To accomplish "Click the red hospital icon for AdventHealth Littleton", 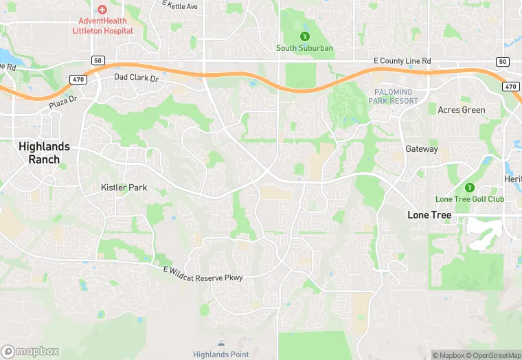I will pyautogui.click(x=102, y=10).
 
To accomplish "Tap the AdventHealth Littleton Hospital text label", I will pyautogui.click(x=102, y=26).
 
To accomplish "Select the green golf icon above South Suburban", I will pyautogui.click(x=305, y=36).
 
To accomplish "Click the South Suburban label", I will pyautogui.click(x=305, y=48).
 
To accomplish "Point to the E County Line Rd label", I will pyautogui.click(x=402, y=61).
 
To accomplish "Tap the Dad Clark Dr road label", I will pyautogui.click(x=136, y=78).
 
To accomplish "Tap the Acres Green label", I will pyautogui.click(x=462, y=110).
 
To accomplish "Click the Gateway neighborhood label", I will pyautogui.click(x=421, y=148).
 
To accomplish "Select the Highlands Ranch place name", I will pyautogui.click(x=44, y=153).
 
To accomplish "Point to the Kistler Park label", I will pyautogui.click(x=124, y=188).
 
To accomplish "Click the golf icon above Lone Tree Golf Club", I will pyautogui.click(x=470, y=188).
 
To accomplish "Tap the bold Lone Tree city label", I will pyautogui.click(x=429, y=215).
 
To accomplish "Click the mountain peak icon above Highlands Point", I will pyautogui.click(x=220, y=344).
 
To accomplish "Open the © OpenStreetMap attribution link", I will pyautogui.click(x=494, y=355).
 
